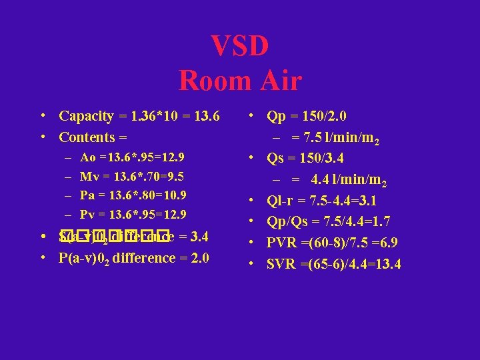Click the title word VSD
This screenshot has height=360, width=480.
click(240, 47)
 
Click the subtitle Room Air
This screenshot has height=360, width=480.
click(240, 81)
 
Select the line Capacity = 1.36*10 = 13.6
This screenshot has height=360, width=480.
click(139, 116)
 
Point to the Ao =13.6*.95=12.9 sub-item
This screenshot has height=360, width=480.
click(132, 158)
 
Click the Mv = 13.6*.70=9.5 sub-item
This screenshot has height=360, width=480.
click(132, 177)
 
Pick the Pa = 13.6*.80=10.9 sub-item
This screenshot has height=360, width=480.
click(132, 195)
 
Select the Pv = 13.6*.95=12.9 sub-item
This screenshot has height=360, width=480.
click(132, 215)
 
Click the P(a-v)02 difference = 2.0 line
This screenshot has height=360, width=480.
click(133, 259)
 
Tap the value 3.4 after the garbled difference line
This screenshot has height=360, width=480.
click(199, 237)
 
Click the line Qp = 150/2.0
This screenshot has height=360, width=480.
click(306, 116)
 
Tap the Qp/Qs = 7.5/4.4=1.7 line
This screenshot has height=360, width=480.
click(328, 221)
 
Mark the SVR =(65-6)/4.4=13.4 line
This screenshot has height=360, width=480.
click(333, 264)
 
